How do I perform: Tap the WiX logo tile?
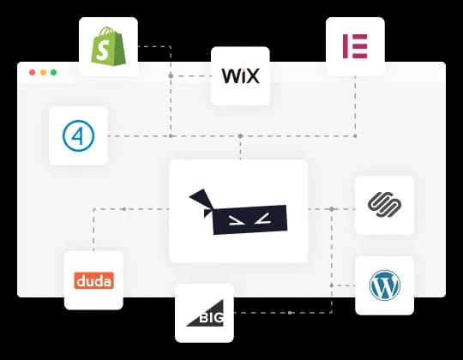click(240, 75)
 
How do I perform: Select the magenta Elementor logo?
click(355, 46)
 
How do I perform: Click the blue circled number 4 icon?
click(79, 135)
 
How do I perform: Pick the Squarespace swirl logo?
click(384, 205)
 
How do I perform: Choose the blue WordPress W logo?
click(384, 285)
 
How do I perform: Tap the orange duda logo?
click(93, 280)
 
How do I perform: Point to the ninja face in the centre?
click(238, 211)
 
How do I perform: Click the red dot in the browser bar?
click(33, 73)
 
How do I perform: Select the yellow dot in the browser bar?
click(43, 73)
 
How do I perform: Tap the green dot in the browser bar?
click(53, 73)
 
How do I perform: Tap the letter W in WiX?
click(229, 75)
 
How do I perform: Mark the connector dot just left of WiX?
click(171, 76)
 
